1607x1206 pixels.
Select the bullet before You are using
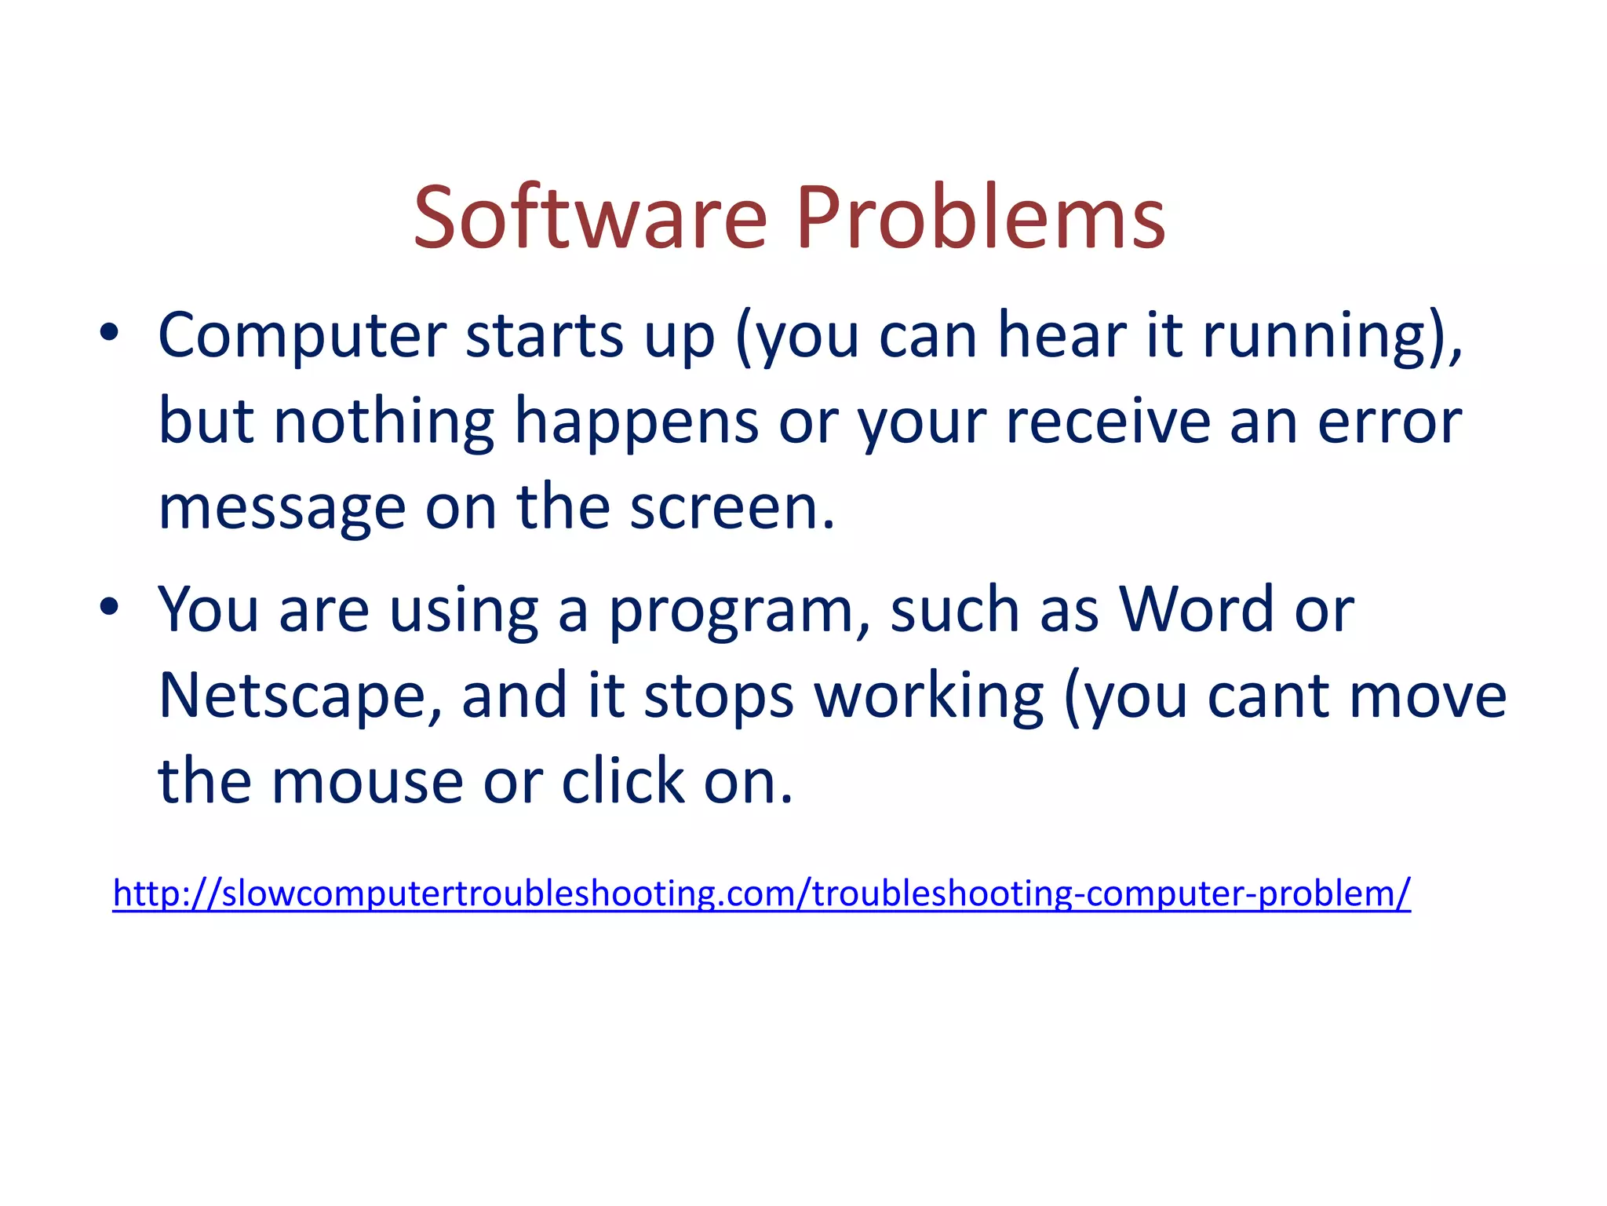coord(109,607)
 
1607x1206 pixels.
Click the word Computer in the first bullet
coord(302,336)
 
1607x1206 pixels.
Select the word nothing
coord(384,422)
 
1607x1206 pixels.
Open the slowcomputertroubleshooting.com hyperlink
coord(761,894)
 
